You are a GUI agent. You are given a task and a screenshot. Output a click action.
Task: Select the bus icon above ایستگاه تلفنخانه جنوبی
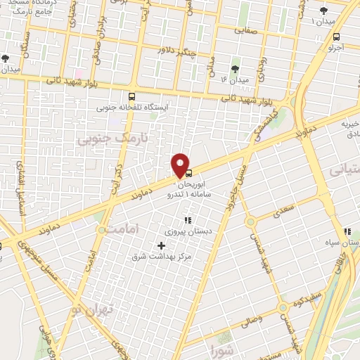point(131,97)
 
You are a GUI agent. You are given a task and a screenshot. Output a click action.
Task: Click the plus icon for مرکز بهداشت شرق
point(162,245)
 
